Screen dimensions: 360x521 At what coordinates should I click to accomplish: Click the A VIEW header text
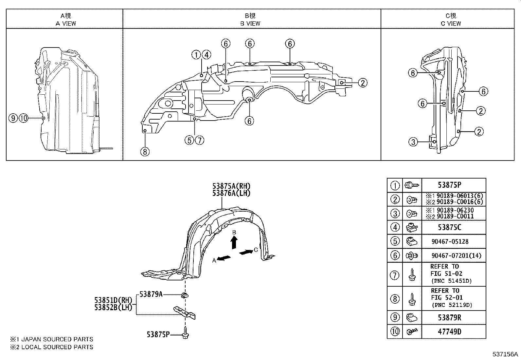[66, 23]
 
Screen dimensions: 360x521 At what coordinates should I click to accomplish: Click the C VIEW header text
[451, 23]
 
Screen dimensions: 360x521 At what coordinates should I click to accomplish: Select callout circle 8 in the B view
[145, 151]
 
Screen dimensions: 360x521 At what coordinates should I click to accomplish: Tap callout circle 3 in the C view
[413, 142]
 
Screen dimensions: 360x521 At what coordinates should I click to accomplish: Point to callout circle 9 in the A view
[13, 118]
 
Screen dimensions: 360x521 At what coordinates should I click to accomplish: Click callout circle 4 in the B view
[207, 55]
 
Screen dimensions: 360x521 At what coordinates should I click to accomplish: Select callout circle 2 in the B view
[363, 83]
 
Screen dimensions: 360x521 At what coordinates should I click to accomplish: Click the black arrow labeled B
[234, 243]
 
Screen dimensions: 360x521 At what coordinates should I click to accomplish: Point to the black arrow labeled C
[246, 252]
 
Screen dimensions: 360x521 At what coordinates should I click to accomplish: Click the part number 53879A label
[151, 294]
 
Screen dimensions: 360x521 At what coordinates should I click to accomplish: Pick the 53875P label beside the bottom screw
[158, 334]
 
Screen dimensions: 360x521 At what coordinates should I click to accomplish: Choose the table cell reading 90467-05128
[450, 241]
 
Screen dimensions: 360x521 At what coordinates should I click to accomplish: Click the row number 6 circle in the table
[395, 255]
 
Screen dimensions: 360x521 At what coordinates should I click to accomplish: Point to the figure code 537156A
[505, 354]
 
